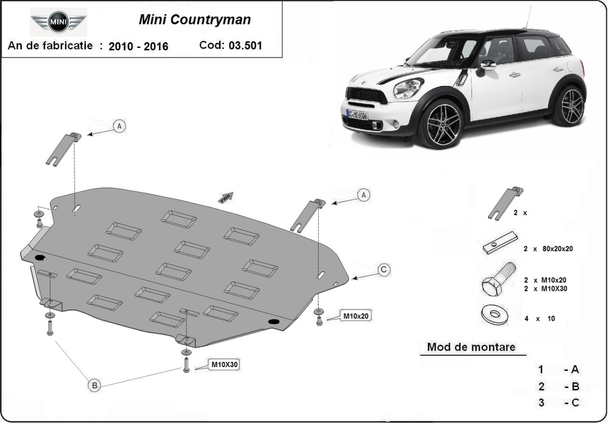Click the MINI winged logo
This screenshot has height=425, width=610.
click(58, 23)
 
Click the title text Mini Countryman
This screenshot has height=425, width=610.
click(195, 20)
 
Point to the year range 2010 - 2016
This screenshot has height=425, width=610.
click(138, 46)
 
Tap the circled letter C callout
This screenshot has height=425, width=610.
click(384, 269)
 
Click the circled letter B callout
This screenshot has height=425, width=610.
click(95, 385)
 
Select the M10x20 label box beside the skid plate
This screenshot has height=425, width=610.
click(356, 316)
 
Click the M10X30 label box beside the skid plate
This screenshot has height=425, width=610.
click(224, 365)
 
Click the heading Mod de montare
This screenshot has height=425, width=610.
click(471, 347)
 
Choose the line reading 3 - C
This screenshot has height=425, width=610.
click(559, 403)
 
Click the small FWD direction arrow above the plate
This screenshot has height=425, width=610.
click(226, 197)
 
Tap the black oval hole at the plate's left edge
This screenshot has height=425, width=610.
click(40, 258)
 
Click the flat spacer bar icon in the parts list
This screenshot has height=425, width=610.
click(500, 245)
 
